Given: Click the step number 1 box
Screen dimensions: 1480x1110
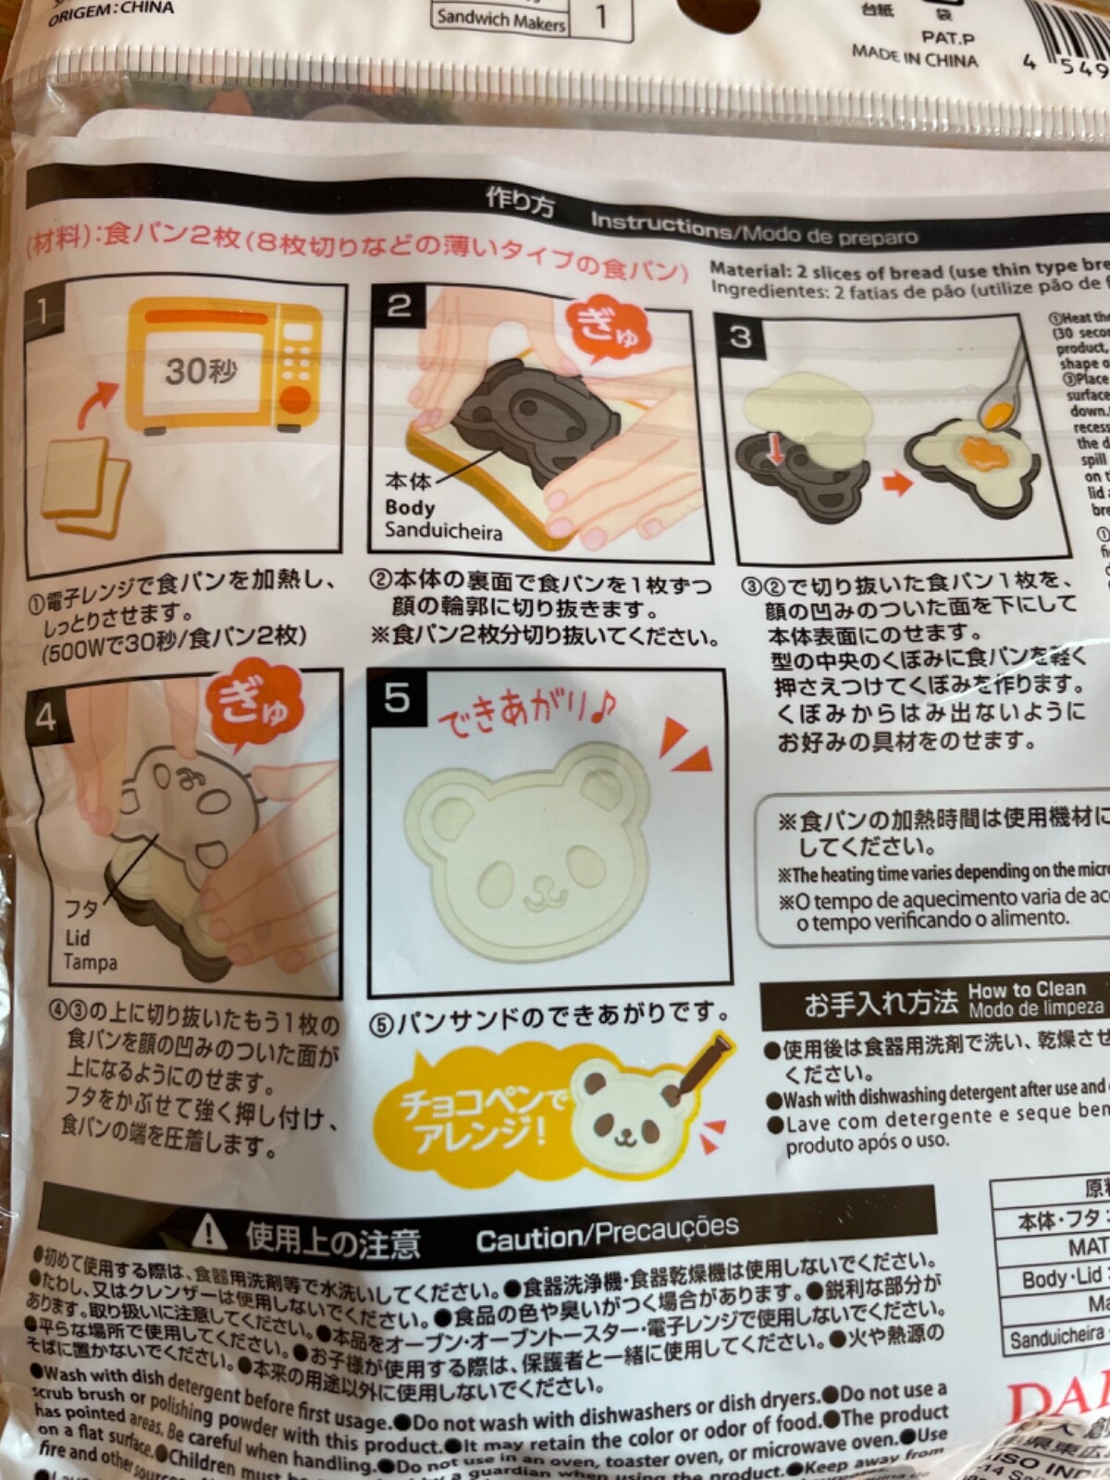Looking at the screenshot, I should (x=43, y=310).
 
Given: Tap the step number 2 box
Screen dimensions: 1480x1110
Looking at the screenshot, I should (x=399, y=305).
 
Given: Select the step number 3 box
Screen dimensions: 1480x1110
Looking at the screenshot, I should (x=741, y=336).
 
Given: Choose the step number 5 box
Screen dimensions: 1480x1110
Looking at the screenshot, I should (x=397, y=698).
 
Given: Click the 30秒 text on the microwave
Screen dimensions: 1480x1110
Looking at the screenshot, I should (x=202, y=372).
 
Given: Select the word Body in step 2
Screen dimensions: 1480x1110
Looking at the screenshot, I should (x=410, y=507).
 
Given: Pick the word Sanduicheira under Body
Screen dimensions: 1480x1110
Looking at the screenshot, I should (x=443, y=532).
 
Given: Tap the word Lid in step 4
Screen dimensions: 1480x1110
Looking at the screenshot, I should (x=78, y=938).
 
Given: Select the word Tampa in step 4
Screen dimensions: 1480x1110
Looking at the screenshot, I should (x=91, y=963).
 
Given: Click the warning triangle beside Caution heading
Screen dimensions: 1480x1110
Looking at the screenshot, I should (x=213, y=1233).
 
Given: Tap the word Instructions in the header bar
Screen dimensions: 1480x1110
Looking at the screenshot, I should (x=660, y=225).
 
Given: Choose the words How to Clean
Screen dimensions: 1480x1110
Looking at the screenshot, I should (x=1027, y=989).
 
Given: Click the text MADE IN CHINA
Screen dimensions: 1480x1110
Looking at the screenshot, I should (x=914, y=55).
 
